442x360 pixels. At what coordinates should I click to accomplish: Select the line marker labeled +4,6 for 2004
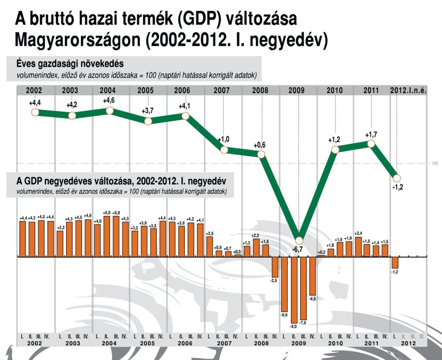[x=110, y=111]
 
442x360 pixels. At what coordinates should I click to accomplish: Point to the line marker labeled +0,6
[x=261, y=153]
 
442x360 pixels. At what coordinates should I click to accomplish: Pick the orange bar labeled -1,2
[x=395, y=262]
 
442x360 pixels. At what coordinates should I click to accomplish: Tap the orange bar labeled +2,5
[x=210, y=247]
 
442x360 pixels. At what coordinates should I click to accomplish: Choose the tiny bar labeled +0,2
[x=322, y=256]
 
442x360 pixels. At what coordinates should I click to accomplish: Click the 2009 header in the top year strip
[x=297, y=91]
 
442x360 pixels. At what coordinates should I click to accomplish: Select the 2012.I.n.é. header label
[x=408, y=91]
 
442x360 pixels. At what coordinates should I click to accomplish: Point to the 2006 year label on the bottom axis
[x=185, y=344]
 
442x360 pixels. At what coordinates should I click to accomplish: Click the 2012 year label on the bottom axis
[x=408, y=344]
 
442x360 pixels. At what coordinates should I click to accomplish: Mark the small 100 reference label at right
[x=434, y=163]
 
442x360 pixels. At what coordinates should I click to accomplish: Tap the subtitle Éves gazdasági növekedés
[x=70, y=63]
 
